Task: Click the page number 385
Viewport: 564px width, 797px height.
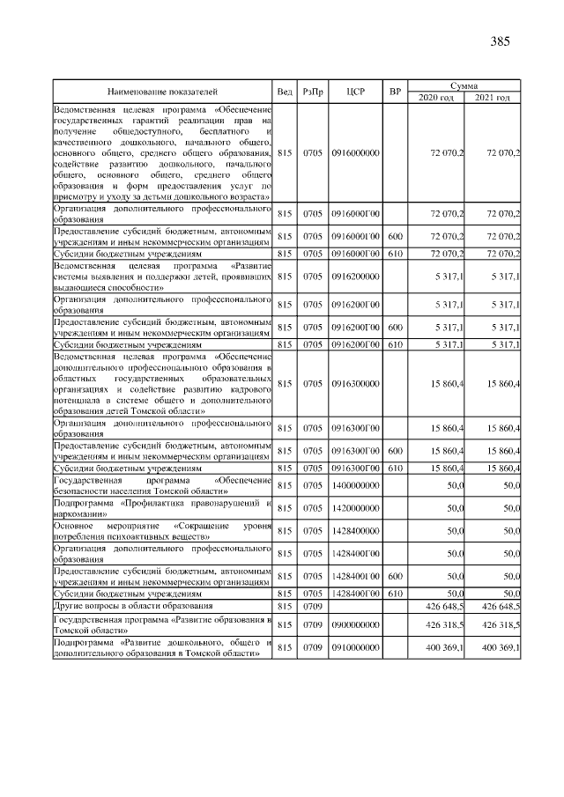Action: [500, 41]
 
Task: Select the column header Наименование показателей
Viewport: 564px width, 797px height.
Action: [162, 92]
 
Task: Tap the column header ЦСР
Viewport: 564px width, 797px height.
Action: [356, 92]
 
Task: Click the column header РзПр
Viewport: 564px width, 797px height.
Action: [313, 92]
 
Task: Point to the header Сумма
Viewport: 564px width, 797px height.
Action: [464, 85]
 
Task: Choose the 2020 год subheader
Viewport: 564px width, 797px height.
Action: [436, 97]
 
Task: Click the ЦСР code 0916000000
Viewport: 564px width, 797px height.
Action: [356, 152]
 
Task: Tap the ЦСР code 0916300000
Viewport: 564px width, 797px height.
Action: [356, 384]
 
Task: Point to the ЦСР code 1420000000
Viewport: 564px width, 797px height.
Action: [356, 508]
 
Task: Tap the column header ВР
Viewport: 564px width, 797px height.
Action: [396, 92]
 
